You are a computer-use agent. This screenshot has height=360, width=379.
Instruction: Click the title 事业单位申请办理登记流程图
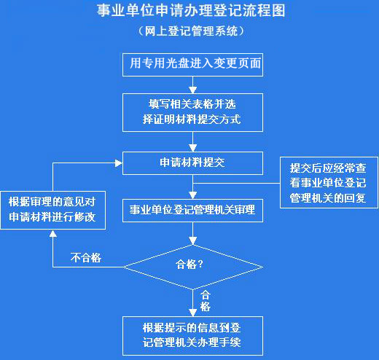tap(191, 11)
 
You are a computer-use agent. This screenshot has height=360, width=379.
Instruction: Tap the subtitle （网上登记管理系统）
tap(191, 31)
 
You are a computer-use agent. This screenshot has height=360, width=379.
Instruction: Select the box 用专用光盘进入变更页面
tap(192, 65)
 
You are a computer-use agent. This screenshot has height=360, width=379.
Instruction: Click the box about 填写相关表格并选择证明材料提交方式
tap(192, 112)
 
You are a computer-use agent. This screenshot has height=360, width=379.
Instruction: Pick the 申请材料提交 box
tap(192, 163)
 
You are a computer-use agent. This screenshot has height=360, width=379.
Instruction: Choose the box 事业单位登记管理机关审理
tap(192, 211)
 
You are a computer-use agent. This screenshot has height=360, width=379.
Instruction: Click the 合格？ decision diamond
tap(192, 267)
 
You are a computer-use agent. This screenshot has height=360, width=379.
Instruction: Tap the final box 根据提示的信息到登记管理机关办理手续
tap(192, 336)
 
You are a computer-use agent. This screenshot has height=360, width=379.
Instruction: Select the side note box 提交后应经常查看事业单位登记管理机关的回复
tap(329, 182)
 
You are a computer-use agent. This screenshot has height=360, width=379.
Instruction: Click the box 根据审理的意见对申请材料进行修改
tap(53, 210)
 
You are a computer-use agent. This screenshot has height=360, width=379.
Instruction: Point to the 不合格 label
tap(86, 257)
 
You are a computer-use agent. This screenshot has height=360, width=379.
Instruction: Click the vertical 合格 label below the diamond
tap(206, 301)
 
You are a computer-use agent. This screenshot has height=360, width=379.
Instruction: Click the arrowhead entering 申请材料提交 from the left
tap(119, 163)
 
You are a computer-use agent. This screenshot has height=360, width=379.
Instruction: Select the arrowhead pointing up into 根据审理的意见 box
tap(53, 233)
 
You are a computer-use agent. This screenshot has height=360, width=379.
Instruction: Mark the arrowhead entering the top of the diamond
tap(192, 241)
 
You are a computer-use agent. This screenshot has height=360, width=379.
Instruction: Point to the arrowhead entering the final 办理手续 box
tap(192, 313)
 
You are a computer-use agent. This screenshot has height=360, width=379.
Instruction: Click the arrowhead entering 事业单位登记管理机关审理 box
tap(192, 195)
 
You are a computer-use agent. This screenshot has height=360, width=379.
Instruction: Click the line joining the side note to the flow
tap(236, 183)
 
